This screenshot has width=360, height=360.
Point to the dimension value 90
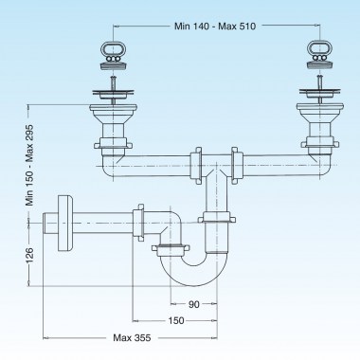tap(192, 304)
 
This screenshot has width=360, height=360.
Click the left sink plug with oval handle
tap(112, 59)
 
